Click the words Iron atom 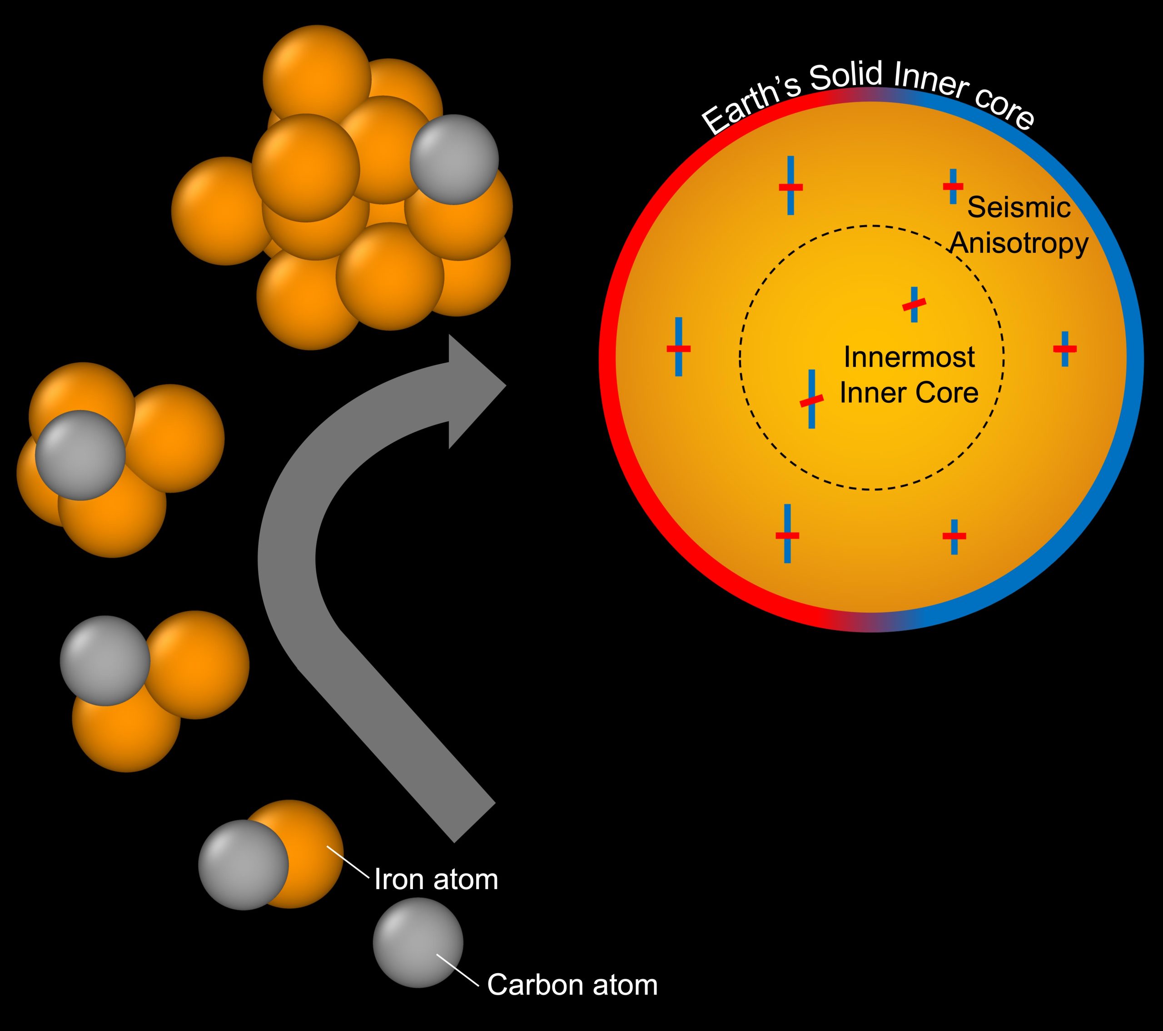(436, 880)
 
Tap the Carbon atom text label (572, 985)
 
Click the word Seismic (1019, 207)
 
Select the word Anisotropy (1019, 243)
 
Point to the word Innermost (909, 357)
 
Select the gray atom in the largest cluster (454, 160)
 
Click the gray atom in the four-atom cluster (80, 455)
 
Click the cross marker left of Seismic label (953, 186)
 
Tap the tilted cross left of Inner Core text (811, 400)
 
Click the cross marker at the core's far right (1064, 348)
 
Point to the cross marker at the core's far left (678, 347)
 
